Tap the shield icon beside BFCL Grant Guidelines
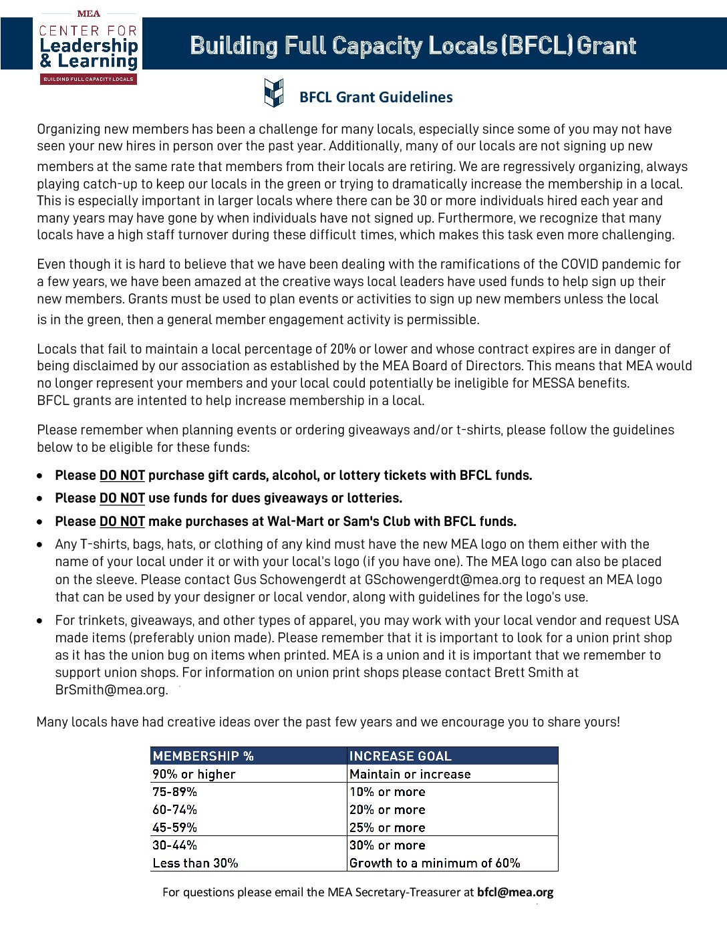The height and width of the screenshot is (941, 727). pos(274,93)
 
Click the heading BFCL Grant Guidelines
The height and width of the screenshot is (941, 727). pos(376,98)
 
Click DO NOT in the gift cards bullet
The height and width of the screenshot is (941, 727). pos(122,476)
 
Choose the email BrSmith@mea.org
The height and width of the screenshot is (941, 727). pos(110,690)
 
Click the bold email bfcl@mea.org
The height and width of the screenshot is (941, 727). pos(515,892)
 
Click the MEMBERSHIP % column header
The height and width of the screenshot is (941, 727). pos(203,757)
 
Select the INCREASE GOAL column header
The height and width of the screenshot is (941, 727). pos(400,757)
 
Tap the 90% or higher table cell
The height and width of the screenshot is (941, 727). pos(194,775)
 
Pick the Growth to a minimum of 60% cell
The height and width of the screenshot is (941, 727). pos(434,863)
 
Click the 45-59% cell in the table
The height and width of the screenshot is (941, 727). pos(174,828)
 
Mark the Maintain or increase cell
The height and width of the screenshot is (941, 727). pos(410,775)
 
